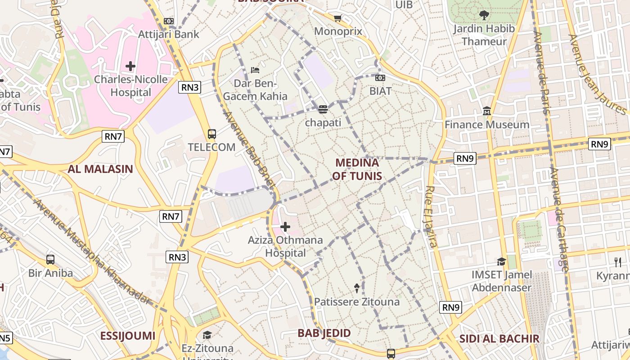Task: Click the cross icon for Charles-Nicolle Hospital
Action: [130, 66]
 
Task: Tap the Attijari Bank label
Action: [168, 34]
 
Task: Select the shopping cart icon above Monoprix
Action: [338, 18]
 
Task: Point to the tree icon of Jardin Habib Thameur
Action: [484, 15]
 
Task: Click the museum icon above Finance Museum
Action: [487, 111]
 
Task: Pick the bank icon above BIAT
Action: [380, 78]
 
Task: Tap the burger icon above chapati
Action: [323, 109]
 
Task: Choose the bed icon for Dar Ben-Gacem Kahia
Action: [255, 70]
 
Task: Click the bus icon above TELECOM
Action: [212, 134]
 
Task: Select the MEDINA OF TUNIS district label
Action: [357, 169]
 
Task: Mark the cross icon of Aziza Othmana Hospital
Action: [285, 227]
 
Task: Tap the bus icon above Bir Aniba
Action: [50, 260]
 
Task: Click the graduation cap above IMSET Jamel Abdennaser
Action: [501, 261]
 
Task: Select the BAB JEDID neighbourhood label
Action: [324, 333]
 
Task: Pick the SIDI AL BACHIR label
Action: [499, 339]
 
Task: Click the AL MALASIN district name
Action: [100, 169]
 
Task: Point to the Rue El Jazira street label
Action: [431, 217]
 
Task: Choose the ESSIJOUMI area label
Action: [127, 336]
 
